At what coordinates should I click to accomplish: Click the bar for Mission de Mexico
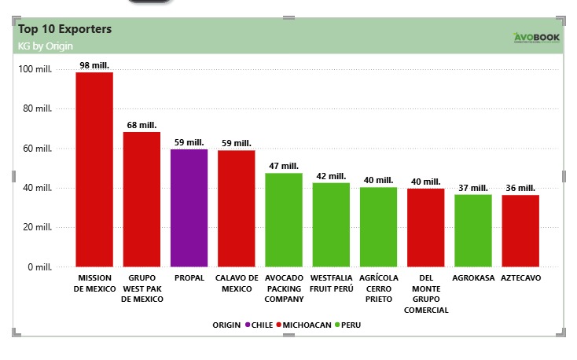pyautogui.click(x=94, y=169)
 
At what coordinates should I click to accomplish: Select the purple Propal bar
pyautogui.click(x=189, y=208)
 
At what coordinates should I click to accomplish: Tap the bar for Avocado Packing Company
pyautogui.click(x=284, y=219)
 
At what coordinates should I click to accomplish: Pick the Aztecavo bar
pyautogui.click(x=520, y=230)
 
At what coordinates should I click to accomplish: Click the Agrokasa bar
pyautogui.click(x=473, y=230)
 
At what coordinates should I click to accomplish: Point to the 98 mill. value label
pyautogui.click(x=94, y=65)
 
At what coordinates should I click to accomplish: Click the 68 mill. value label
pyautogui.click(x=141, y=125)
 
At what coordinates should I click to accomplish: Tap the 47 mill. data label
pyautogui.click(x=284, y=166)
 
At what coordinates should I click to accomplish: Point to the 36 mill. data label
pyautogui.click(x=520, y=188)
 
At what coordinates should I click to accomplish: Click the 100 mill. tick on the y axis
pyautogui.click(x=35, y=69)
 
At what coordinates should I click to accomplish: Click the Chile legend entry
pyautogui.click(x=259, y=325)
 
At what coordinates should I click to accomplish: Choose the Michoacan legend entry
pyautogui.click(x=303, y=325)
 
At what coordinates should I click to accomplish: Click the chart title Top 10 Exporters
pyautogui.click(x=64, y=29)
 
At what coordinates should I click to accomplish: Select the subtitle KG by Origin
pyautogui.click(x=46, y=46)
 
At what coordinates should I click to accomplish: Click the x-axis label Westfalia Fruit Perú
pyautogui.click(x=331, y=283)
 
